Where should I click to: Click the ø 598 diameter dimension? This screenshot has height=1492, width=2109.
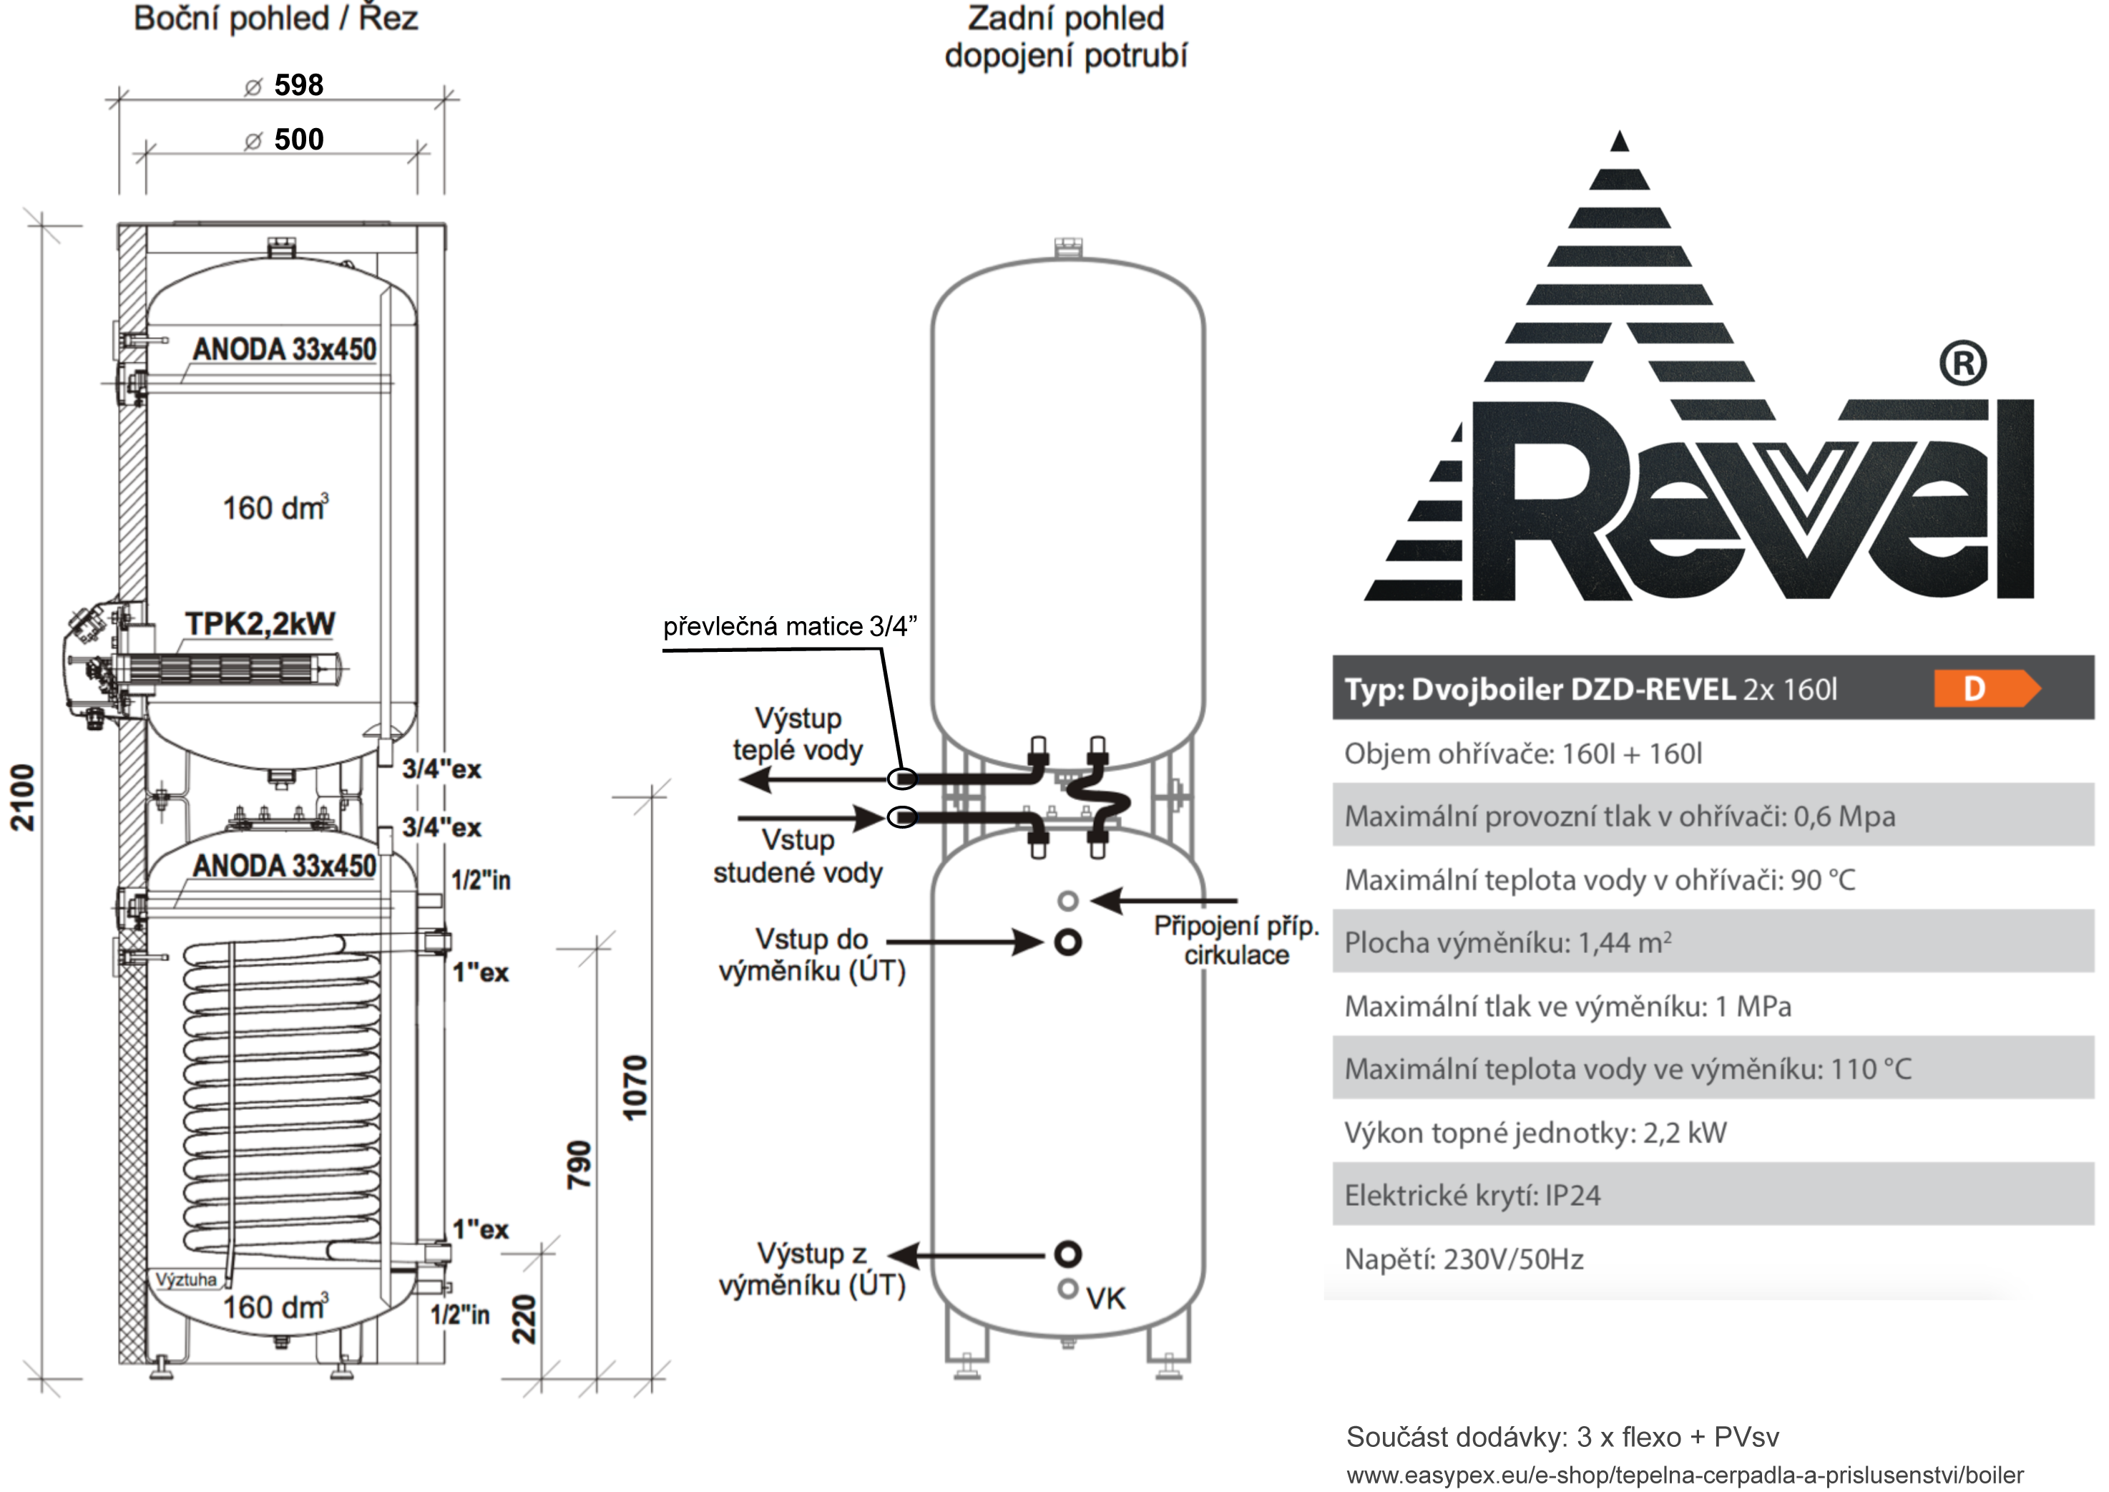click(x=285, y=85)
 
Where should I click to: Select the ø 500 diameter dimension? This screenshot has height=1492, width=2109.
click(x=285, y=140)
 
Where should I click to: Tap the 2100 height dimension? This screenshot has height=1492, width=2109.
click(x=23, y=797)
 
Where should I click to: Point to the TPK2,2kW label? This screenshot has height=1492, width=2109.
click(x=260, y=624)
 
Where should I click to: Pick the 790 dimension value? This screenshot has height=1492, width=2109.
click(x=579, y=1165)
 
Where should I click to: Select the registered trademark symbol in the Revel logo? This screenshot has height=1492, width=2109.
click(x=1963, y=365)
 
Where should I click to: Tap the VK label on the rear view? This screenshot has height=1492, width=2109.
click(x=1105, y=1299)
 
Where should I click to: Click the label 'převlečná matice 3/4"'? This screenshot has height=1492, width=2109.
click(x=790, y=627)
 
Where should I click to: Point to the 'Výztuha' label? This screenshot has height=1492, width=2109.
click(x=187, y=1279)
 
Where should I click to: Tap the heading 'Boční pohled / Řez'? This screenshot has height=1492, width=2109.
click(x=275, y=19)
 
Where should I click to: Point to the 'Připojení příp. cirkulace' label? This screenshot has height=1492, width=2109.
click(x=1235, y=940)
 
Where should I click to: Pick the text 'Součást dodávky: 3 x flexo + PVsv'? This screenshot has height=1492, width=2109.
click(x=1562, y=1437)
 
